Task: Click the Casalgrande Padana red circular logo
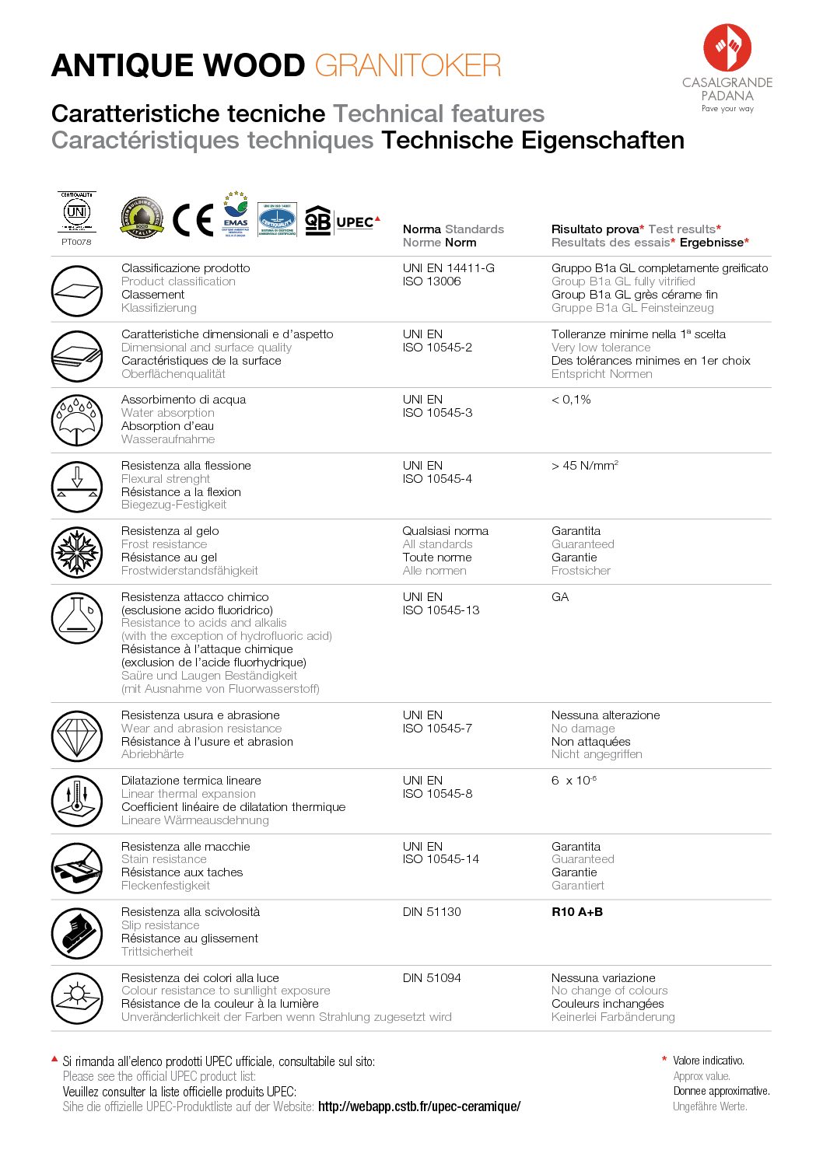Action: coord(727,47)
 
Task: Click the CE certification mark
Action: coord(192,220)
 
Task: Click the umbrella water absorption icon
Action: coord(77,421)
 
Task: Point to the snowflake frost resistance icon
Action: coord(77,552)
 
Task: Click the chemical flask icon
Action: coord(77,617)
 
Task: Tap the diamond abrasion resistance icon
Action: coord(77,736)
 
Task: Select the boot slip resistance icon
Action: coord(77,932)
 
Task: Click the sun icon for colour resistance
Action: coord(77,998)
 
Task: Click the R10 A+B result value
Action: coord(577,912)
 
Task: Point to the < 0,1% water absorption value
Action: coord(571,400)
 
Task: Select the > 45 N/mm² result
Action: coord(584,466)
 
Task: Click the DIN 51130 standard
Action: coord(432,912)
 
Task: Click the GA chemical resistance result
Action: coord(560,597)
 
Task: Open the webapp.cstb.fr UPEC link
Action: coord(419,1106)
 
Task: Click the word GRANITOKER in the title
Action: coord(408,66)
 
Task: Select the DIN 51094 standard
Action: coord(432,978)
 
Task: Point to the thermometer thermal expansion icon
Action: coord(77,801)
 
